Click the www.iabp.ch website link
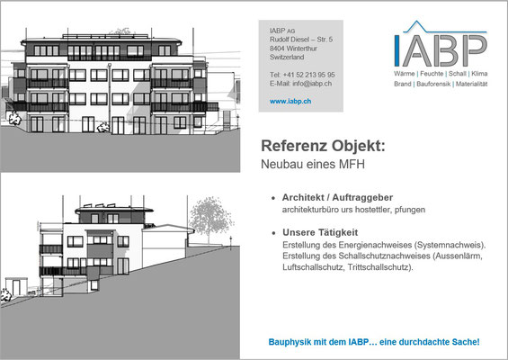point(290,101)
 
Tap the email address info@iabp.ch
point(312,84)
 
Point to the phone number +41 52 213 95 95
point(308,75)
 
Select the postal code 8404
point(277,49)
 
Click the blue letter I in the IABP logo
point(397,51)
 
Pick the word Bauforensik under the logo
point(433,84)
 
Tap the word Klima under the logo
point(479,74)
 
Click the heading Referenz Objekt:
point(323,146)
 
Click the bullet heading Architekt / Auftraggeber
point(337,197)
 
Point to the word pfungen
point(410,210)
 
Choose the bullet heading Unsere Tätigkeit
point(320,232)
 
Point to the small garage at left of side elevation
point(15,286)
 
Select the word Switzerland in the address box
point(287,57)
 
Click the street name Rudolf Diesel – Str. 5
point(301,40)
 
